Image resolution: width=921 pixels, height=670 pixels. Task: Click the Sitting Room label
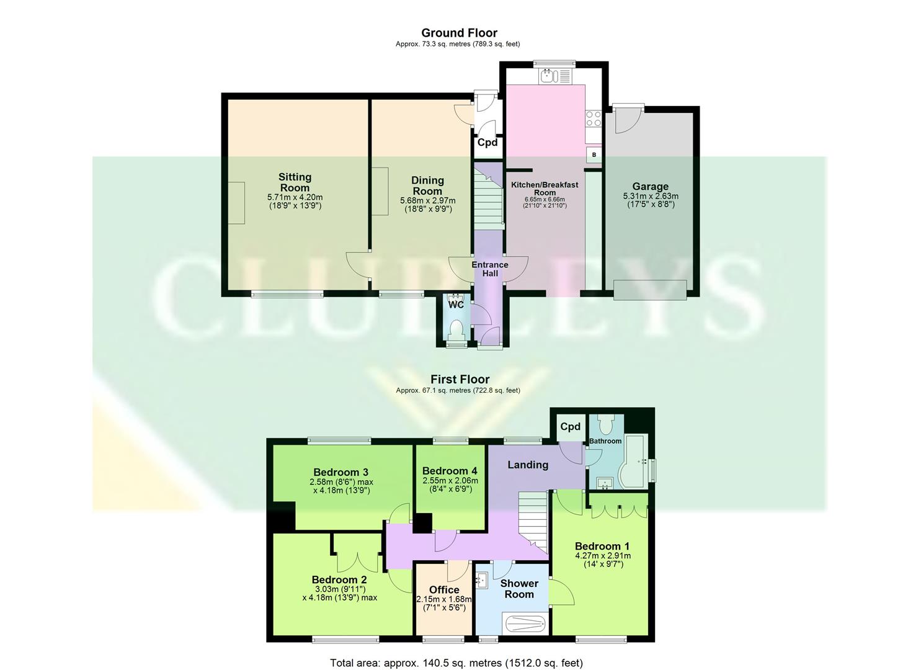tap(295, 182)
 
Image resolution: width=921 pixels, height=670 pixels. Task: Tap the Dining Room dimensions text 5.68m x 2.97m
tap(427, 200)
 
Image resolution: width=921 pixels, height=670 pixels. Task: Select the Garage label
tap(650, 186)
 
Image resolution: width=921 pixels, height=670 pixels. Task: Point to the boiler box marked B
tap(594, 154)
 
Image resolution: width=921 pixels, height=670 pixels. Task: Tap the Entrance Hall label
tap(489, 269)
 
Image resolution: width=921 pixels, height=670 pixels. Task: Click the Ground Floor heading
tap(459, 33)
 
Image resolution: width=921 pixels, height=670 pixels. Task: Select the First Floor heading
tap(460, 379)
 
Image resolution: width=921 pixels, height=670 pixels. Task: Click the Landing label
tap(528, 465)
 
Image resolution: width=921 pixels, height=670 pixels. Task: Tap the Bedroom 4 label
tap(450, 471)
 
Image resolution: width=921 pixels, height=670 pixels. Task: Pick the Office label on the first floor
tap(444, 589)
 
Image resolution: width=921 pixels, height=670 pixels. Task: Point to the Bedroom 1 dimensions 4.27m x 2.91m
tap(603, 556)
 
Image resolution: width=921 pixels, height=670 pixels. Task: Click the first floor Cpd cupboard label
tap(570, 426)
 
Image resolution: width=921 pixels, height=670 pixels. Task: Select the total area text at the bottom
tap(456, 663)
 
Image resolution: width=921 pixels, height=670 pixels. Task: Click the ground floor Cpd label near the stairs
tap(487, 142)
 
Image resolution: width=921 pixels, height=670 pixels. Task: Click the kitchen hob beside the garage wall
tap(594, 118)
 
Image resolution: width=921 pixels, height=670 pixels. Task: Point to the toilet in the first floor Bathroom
tap(606, 424)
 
